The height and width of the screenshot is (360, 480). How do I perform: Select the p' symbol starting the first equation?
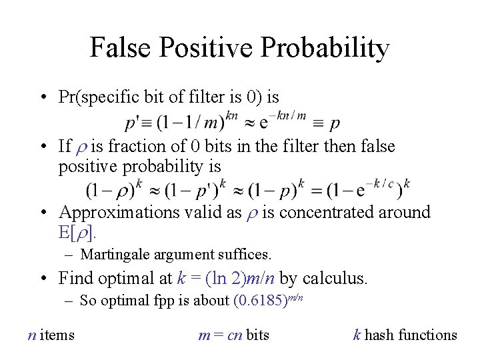pyautogui.click(x=133, y=123)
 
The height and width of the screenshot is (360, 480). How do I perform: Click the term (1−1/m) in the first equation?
pyautogui.click(x=193, y=123)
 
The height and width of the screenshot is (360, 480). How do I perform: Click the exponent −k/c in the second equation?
pyautogui.click(x=386, y=182)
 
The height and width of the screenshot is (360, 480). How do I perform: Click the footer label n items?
pyautogui.click(x=51, y=335)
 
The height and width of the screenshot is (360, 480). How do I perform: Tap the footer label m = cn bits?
pyautogui.click(x=234, y=335)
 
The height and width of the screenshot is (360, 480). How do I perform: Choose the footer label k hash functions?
pyautogui.click(x=405, y=335)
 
